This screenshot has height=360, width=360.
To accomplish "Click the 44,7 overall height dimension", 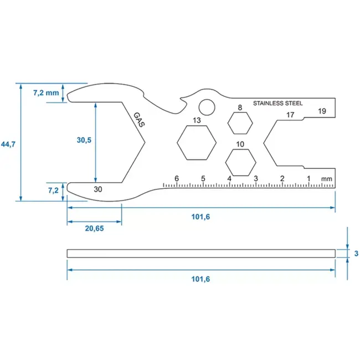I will click(x=8, y=145).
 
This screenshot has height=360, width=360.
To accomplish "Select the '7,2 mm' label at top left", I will click(x=45, y=92).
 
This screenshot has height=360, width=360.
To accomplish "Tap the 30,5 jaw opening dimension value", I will click(x=83, y=141).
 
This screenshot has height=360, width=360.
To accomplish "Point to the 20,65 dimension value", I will click(x=94, y=228).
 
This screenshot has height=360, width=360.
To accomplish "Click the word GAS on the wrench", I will click(x=138, y=120).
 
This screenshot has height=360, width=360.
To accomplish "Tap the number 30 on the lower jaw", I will click(x=98, y=189).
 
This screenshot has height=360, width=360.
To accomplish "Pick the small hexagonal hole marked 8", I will click(x=239, y=122).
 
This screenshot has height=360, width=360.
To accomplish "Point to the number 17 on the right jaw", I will click(x=290, y=115).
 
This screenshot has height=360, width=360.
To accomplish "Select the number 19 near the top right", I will click(x=322, y=111).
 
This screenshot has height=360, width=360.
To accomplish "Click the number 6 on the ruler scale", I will click(x=177, y=178).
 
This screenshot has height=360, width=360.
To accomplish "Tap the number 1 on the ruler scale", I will click(x=308, y=178).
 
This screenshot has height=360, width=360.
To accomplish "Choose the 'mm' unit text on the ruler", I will click(x=326, y=178).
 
